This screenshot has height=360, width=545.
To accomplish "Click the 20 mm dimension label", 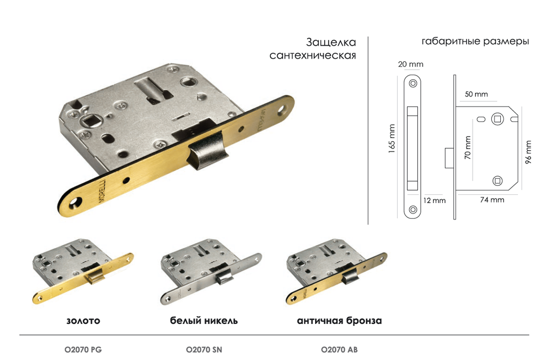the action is (410, 64).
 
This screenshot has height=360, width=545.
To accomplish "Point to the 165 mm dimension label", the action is (392, 138).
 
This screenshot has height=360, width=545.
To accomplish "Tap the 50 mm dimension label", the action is (476, 94).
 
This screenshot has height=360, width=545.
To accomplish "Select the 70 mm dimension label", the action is (467, 148).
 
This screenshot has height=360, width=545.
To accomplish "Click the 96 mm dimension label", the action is (528, 152).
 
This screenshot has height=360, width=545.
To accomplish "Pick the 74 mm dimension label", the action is (492, 200).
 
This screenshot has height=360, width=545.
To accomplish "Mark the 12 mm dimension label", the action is (434, 201).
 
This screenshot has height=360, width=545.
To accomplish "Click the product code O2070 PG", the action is (83, 349).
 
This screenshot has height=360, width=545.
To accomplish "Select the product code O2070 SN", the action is (204, 349).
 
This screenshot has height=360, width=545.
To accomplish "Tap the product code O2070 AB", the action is (339, 349).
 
